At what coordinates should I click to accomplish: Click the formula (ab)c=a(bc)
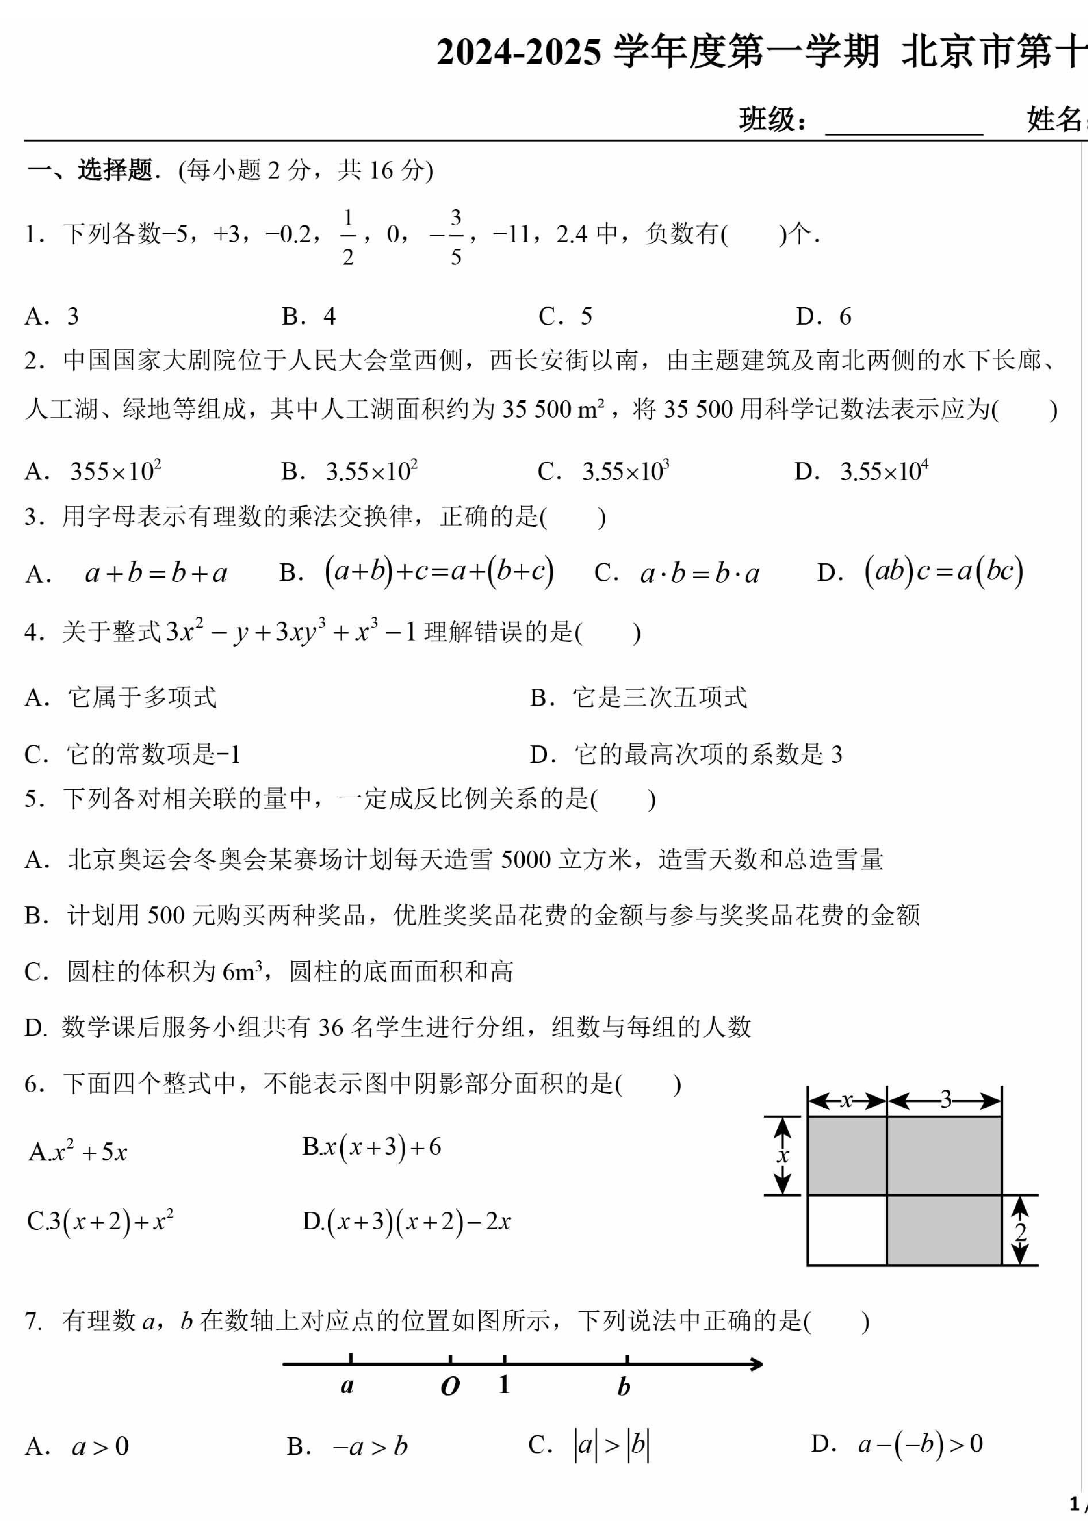944,572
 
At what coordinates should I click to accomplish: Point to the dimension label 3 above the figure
945,1100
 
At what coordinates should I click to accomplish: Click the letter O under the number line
450,1386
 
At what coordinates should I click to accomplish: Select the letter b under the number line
623,1387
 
